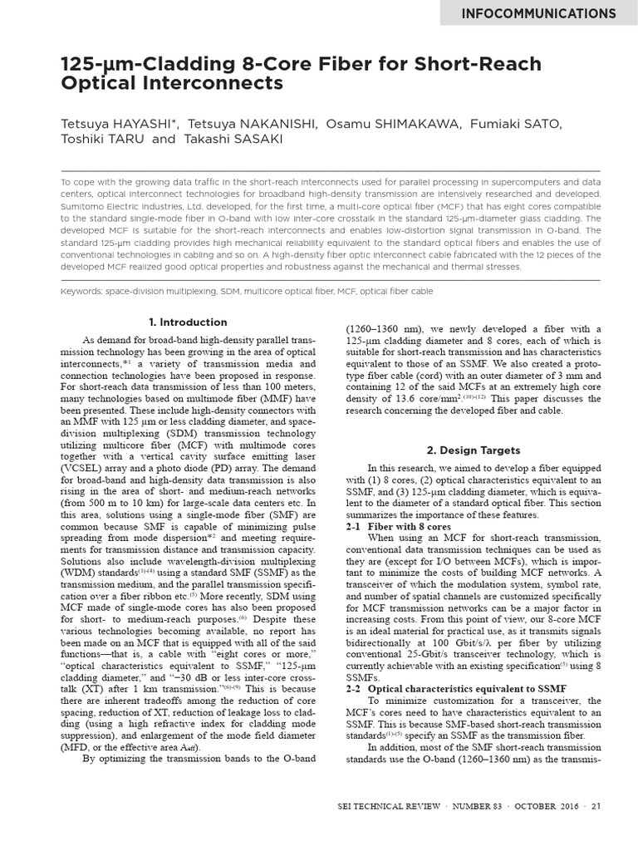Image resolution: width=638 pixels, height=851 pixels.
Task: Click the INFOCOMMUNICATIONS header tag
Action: [538, 13]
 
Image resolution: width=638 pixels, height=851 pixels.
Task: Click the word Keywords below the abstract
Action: [84, 292]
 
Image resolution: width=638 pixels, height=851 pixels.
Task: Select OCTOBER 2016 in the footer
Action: [547, 830]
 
